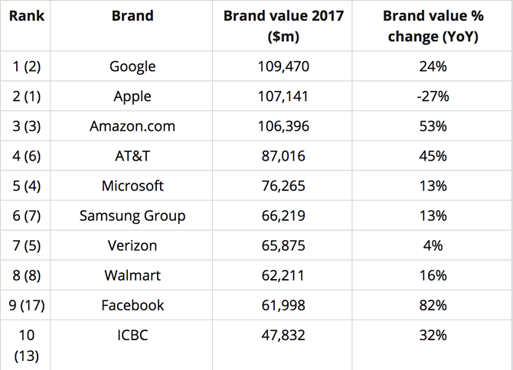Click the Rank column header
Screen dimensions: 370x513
click(26, 16)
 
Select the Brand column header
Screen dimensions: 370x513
click(132, 16)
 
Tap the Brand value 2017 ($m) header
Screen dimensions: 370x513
click(283, 25)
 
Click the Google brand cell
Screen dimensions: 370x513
click(132, 67)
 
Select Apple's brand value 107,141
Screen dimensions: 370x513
click(283, 96)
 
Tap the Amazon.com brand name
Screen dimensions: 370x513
click(132, 126)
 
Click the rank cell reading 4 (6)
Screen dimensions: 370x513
click(26, 156)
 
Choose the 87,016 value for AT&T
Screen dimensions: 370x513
click(283, 156)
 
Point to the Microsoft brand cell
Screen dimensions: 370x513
click(132, 186)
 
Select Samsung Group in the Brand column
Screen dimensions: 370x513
click(132, 216)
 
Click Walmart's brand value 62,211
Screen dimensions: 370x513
click(283, 275)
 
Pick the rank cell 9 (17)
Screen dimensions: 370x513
click(26, 305)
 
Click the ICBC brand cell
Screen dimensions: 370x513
click(132, 335)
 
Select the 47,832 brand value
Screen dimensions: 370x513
click(283, 335)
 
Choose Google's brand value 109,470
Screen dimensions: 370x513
click(283, 67)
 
